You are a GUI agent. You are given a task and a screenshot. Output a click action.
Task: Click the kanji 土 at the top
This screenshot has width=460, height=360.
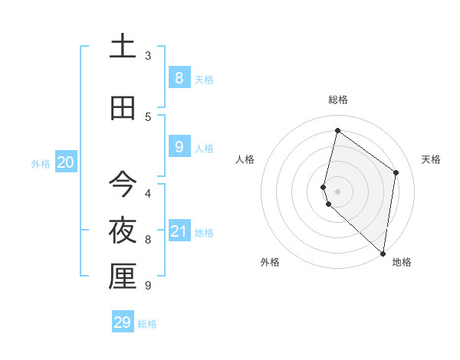pos(122,47)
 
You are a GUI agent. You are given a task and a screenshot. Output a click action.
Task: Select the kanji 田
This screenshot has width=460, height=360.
pos(122,108)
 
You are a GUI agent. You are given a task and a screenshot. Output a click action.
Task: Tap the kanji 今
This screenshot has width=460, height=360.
pos(122,185)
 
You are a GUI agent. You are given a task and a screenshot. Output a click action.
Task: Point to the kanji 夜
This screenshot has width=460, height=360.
pos(122,231)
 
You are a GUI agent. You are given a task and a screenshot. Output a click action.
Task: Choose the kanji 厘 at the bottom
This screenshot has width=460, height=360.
pos(122,277)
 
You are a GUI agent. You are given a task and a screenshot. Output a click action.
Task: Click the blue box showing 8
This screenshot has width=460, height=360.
pos(179,77)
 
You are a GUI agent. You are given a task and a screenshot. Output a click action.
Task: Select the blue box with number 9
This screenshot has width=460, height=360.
pos(179,146)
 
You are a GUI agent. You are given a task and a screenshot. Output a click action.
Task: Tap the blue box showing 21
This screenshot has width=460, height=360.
pos(179,231)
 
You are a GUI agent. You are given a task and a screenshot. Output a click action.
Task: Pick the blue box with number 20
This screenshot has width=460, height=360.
pos(65,162)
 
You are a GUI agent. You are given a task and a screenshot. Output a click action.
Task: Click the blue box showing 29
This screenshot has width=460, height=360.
pos(123,322)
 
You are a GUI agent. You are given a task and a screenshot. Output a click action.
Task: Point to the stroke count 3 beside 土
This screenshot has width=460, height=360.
pos(148,56)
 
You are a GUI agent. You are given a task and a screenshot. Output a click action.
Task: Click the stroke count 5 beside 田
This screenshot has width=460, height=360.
pos(148,117)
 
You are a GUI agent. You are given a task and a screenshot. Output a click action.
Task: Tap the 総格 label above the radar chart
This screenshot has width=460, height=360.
pos(338,100)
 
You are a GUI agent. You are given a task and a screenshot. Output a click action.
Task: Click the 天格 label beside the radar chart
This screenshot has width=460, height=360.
pos(432,159)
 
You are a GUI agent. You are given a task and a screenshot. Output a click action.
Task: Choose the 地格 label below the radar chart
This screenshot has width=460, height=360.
pos(402,262)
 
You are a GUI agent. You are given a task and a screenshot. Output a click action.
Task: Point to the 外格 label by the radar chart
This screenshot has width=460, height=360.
pos(270,262)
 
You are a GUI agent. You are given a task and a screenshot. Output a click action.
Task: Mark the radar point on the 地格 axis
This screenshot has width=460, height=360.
pos(383,253)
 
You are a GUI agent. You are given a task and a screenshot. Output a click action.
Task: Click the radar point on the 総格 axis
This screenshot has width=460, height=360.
pos(337,130)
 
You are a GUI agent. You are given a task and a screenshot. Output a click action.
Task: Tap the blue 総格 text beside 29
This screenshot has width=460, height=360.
pos(147,324)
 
